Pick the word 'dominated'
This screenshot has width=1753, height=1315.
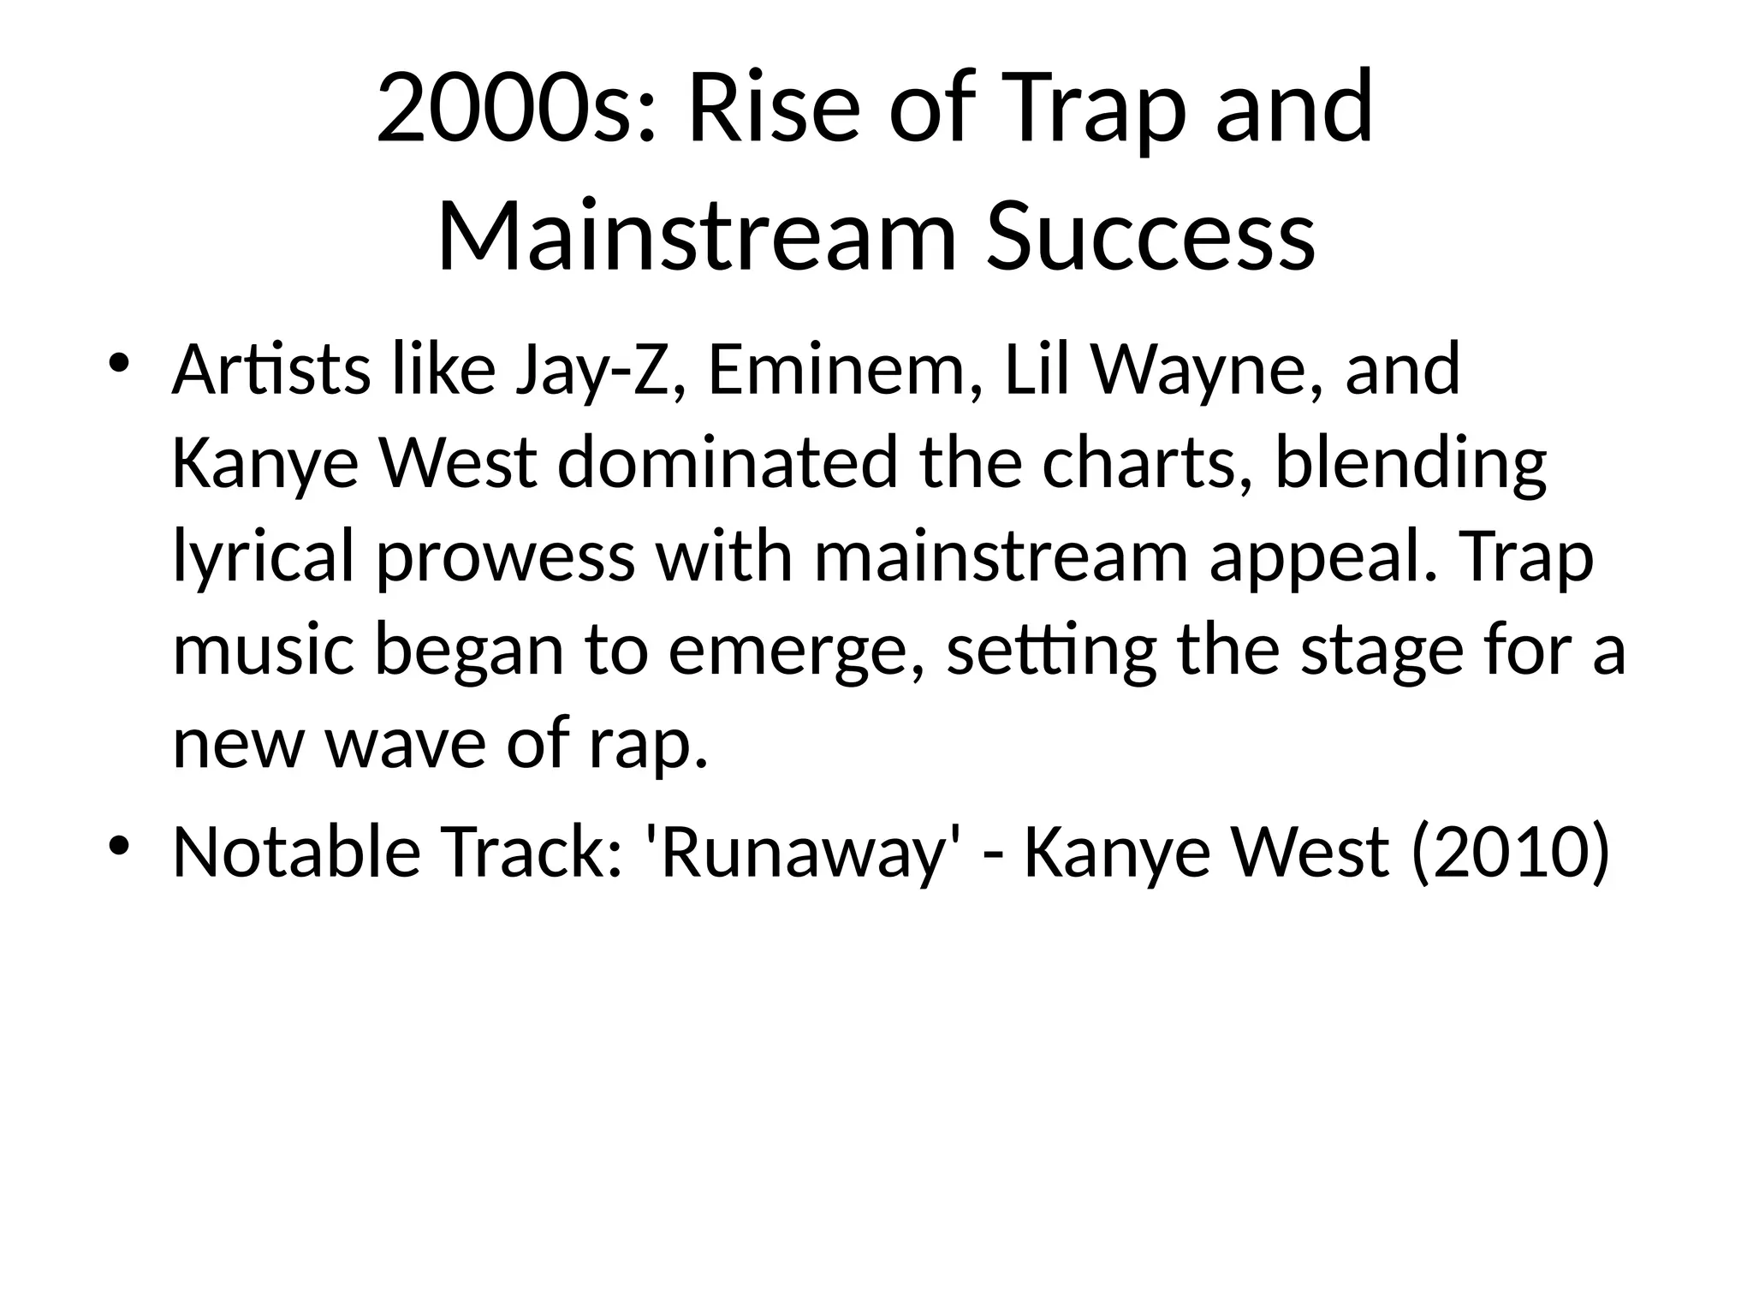(728, 463)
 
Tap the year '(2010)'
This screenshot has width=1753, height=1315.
(1511, 854)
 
